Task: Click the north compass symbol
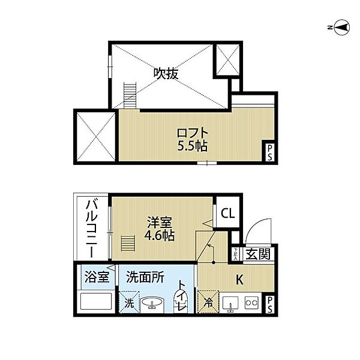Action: [342, 26]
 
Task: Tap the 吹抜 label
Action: [167, 74]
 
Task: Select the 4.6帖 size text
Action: [160, 235]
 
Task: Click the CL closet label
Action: [227, 213]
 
